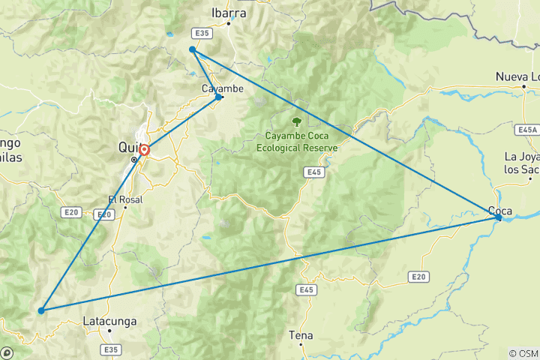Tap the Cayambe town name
[223, 88]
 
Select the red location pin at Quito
[143, 150]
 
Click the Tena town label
[301, 335]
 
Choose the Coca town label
[500, 210]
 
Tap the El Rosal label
[124, 199]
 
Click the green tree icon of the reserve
[297, 120]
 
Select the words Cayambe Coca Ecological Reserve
[297, 142]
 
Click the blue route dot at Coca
[498, 217]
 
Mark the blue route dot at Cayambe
[218, 97]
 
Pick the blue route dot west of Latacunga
[41, 310]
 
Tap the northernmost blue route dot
[193, 49]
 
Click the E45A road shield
[528, 130]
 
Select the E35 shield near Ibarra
[202, 34]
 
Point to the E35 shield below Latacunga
[112, 349]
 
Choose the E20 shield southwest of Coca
[418, 277]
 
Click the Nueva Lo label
[517, 76]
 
